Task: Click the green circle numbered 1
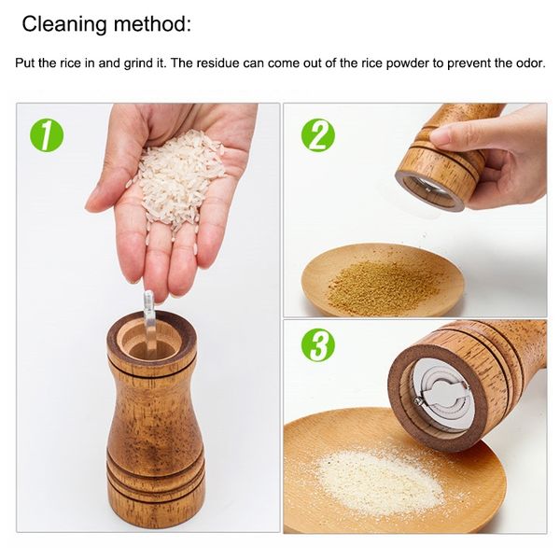pyautogui.click(x=47, y=135)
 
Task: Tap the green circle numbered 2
pyautogui.click(x=318, y=135)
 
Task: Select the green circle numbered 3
pyautogui.click(x=318, y=345)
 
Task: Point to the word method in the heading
pyautogui.click(x=152, y=23)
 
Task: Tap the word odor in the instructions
pyautogui.click(x=530, y=63)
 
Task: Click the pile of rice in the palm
pyautogui.click(x=178, y=175)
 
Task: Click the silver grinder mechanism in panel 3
pyautogui.click(x=441, y=397)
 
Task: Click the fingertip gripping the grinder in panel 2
pyautogui.click(x=442, y=137)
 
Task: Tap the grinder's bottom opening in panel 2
pyautogui.click(x=430, y=191)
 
